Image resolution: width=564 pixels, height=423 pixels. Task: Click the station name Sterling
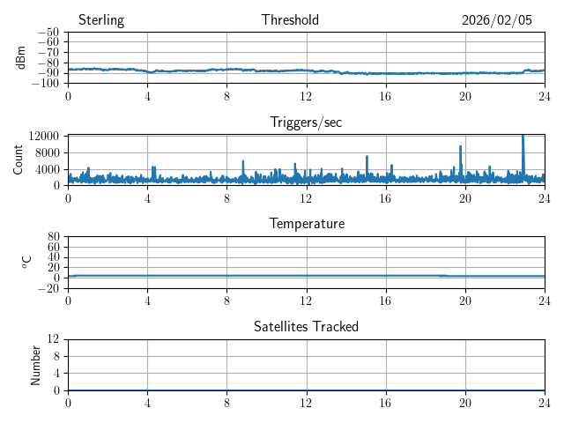[x=101, y=20]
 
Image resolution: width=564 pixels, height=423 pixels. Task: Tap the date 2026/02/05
[x=497, y=20]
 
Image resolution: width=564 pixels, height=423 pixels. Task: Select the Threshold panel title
[x=290, y=20]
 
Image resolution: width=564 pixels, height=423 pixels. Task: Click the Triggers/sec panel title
[x=306, y=122]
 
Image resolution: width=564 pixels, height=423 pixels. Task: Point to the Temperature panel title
[x=306, y=224]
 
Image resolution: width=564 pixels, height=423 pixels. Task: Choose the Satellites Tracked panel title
[x=306, y=326]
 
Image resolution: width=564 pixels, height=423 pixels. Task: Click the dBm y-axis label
[x=21, y=57]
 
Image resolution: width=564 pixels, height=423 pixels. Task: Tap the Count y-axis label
[x=19, y=160]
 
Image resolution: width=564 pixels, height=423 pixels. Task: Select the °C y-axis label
[x=26, y=262]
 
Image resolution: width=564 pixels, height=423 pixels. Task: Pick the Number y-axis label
[x=36, y=364]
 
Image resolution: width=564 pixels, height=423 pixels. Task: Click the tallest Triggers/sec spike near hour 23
[x=523, y=137]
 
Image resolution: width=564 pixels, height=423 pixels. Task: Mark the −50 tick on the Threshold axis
[x=48, y=33]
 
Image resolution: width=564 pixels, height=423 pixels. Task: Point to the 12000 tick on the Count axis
[x=44, y=136]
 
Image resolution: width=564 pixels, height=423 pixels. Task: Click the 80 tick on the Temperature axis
[x=53, y=237]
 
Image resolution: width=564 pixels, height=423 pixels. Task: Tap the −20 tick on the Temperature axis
[x=48, y=288]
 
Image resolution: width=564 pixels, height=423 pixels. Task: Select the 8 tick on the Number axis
[x=56, y=356]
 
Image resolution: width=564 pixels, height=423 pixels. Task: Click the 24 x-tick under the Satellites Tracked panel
[x=545, y=402]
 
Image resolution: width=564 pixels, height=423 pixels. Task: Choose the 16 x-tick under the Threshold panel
[x=385, y=95]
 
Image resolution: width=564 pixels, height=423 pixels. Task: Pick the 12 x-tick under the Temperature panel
[x=306, y=300]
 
